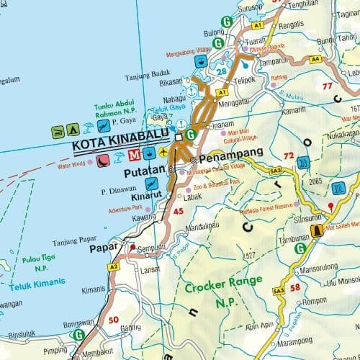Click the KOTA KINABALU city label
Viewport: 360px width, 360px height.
pyautogui.click(x=120, y=143)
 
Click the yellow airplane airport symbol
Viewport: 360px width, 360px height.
pyautogui.click(x=165, y=153)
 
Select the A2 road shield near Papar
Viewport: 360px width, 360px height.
pyautogui.click(x=114, y=266)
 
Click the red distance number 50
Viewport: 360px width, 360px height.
pyautogui.click(x=113, y=319)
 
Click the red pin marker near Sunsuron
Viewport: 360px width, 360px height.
pyautogui.click(x=330, y=207)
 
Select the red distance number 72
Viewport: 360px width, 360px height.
pyautogui.click(x=289, y=156)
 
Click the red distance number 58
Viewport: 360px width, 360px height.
pyautogui.click(x=295, y=287)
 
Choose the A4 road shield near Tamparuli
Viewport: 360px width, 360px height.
pyautogui.click(x=315, y=59)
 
